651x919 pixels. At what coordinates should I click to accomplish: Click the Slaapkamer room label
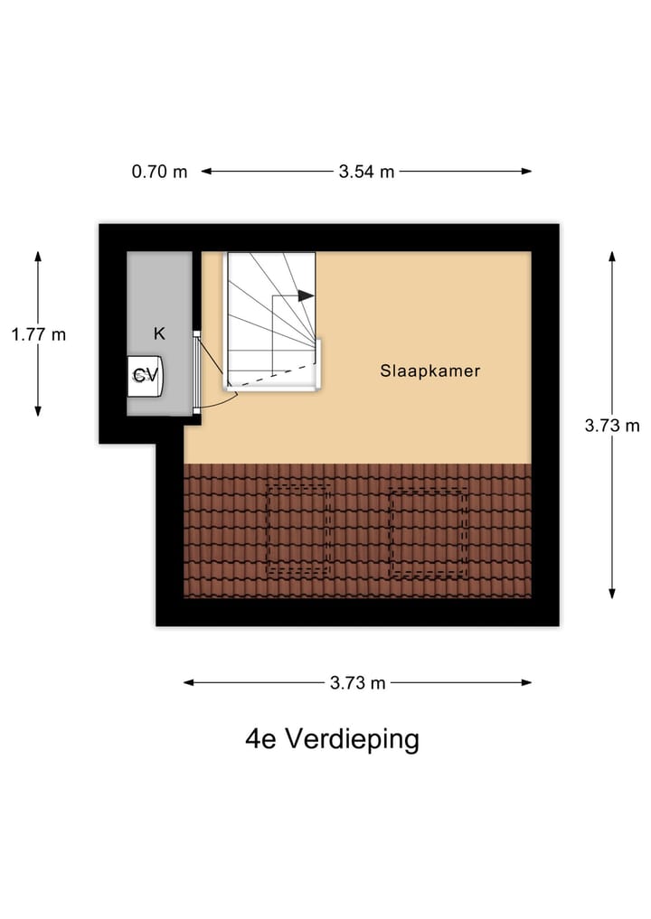coord(429,370)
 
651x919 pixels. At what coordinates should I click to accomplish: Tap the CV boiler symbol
coord(145,375)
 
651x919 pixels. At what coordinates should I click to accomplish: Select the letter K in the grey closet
coord(159,333)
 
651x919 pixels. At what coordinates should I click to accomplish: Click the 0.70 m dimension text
coord(159,172)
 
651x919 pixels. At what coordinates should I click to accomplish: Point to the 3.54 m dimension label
coord(366,172)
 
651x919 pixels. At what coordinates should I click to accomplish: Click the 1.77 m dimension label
coord(38,334)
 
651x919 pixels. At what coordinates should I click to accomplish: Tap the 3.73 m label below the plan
coord(358,683)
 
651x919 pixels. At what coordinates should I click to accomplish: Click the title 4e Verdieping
coord(332,739)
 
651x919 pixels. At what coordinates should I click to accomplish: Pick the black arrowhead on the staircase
coord(306,295)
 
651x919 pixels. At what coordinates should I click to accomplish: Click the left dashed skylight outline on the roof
coord(298,530)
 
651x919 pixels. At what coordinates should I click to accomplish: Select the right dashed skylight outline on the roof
coord(428,533)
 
